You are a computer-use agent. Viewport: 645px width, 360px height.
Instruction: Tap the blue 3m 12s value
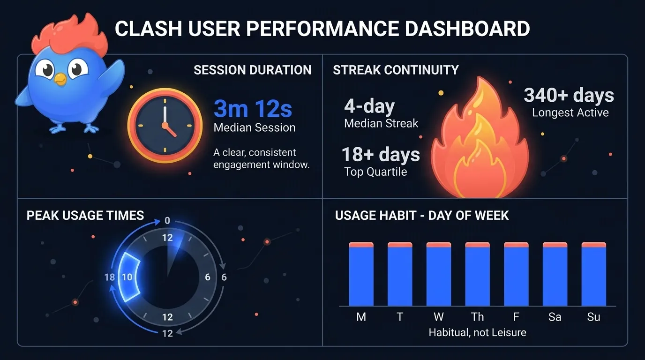click(x=253, y=109)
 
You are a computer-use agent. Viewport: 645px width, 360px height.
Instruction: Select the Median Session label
click(x=254, y=127)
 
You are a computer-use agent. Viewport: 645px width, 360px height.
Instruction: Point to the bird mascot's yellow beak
click(x=60, y=79)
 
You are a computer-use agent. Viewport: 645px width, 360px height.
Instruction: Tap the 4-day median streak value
click(x=369, y=106)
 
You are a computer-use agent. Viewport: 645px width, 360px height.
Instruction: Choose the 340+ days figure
click(x=569, y=95)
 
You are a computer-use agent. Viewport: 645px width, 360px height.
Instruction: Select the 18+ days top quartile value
click(x=381, y=154)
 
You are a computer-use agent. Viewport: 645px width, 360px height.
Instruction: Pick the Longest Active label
click(x=570, y=112)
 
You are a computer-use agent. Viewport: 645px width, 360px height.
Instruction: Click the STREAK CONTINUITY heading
click(x=396, y=70)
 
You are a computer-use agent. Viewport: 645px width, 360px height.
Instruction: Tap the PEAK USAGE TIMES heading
click(x=85, y=215)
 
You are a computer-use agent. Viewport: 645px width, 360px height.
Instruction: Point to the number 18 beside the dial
click(x=110, y=277)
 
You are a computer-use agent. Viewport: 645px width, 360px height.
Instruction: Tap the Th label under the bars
click(x=477, y=317)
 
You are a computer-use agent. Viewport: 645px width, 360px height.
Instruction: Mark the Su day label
click(x=593, y=317)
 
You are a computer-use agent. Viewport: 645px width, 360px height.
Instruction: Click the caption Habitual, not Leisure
click(x=477, y=332)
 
